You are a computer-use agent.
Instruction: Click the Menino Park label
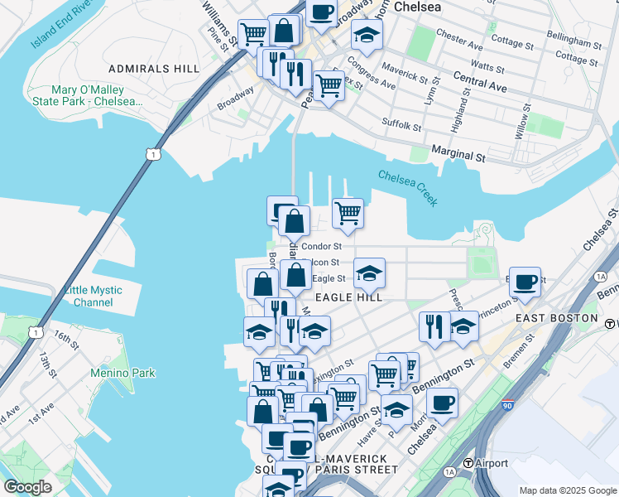click(122, 373)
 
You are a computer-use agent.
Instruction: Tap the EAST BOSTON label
click(556, 318)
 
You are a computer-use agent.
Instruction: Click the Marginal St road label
click(458, 155)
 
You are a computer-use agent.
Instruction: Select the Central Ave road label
click(480, 84)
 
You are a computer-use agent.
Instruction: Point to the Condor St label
click(321, 246)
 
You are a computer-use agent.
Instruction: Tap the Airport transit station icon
click(468, 463)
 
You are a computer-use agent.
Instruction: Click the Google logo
click(27, 487)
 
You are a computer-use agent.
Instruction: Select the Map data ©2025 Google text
click(567, 490)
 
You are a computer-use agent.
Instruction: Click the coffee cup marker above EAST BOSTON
click(524, 281)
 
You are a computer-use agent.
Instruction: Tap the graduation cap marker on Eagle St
click(369, 272)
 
